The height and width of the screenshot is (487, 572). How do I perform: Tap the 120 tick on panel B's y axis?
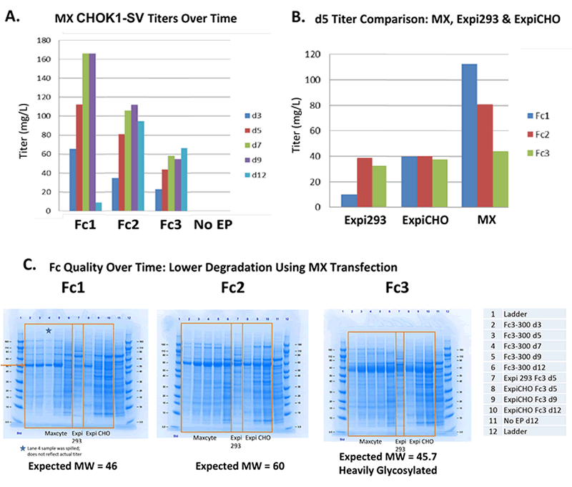click(x=310, y=54)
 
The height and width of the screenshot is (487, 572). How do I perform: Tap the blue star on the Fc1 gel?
click(x=49, y=330)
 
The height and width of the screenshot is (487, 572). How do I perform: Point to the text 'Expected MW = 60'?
click(x=225, y=467)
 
